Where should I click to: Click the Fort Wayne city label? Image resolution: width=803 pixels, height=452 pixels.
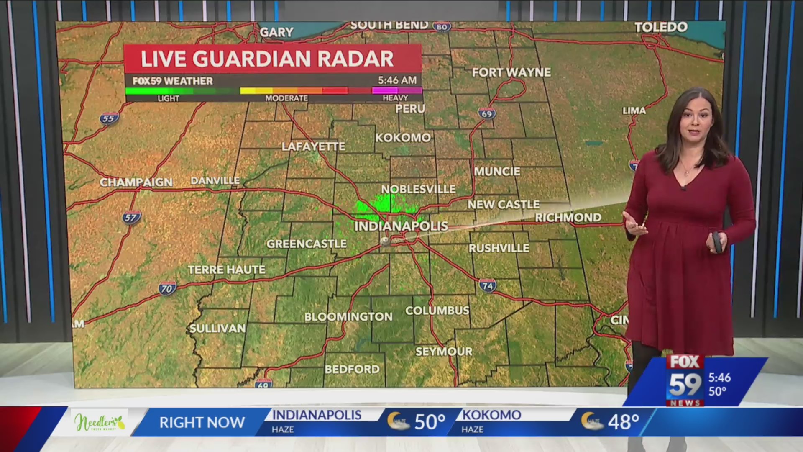(511, 72)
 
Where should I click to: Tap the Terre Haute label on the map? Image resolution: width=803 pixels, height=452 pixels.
(226, 270)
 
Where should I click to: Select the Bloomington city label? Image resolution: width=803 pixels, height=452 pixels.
(348, 317)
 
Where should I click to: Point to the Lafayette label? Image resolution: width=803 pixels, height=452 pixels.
(313, 146)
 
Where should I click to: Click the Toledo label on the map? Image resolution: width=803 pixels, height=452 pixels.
(661, 27)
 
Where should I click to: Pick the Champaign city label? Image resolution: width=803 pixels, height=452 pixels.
(136, 182)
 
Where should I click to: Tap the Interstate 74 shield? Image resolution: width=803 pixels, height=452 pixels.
(487, 286)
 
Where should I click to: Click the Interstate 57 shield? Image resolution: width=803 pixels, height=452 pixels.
(131, 218)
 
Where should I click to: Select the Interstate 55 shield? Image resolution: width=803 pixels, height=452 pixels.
(109, 118)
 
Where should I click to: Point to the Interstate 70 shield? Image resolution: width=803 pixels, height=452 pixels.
(167, 288)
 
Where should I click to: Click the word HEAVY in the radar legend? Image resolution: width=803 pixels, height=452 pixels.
(395, 98)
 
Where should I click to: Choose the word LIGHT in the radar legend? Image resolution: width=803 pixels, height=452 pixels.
(168, 98)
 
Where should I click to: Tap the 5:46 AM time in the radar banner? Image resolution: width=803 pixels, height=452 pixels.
(397, 80)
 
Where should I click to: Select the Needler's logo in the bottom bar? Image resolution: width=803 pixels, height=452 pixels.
(100, 423)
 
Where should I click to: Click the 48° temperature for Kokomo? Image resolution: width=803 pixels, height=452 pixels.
(623, 422)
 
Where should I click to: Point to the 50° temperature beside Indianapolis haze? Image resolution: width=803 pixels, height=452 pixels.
(430, 422)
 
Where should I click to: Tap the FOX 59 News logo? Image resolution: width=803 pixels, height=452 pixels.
(685, 380)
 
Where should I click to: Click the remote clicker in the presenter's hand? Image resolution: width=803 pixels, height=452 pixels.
(717, 242)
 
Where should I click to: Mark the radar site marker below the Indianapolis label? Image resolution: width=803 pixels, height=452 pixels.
(385, 241)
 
